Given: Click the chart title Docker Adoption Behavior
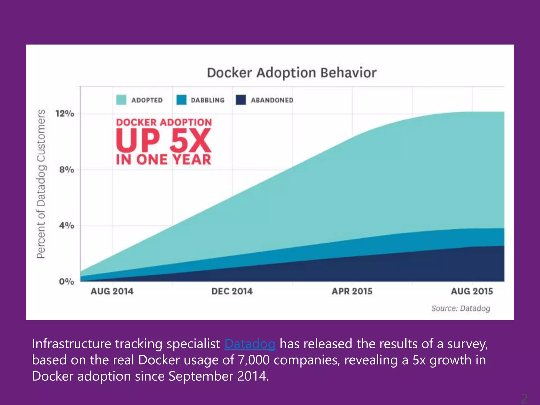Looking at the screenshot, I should pos(292,73).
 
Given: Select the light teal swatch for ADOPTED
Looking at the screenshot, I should pos(121,100).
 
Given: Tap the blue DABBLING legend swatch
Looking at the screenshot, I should pos(181,100).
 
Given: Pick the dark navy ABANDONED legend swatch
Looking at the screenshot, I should pos(241,100).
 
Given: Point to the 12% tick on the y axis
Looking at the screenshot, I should pos(65,114).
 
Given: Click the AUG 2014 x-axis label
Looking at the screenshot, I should pos(112,291).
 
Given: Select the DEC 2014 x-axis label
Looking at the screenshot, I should pos(232,291).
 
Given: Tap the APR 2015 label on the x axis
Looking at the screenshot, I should pos(352,291).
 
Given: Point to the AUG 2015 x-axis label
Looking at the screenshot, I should pos(472,291).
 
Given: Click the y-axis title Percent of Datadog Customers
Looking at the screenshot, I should pos(41,184).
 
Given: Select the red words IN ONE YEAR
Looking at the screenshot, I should pos(164,160).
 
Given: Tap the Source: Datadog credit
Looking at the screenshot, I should pos(461,308).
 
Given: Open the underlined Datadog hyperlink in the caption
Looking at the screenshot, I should pos(250,344).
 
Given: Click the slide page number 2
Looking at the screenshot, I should pos(524,398).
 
